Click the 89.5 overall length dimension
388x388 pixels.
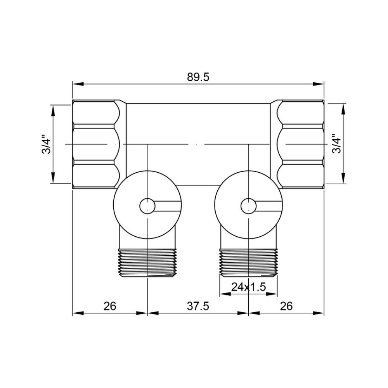pyautogui.click(x=198, y=77)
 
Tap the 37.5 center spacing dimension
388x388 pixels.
pyautogui.click(x=198, y=306)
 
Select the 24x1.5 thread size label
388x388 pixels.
pyautogui.click(x=248, y=287)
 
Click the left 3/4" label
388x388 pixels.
pyautogui.click(x=46, y=144)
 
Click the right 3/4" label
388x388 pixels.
pyautogui.click(x=336, y=144)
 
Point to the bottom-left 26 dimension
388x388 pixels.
pyautogui.click(x=110, y=306)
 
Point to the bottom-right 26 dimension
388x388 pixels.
pyautogui.click(x=286, y=306)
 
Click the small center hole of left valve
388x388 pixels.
pyautogui.click(x=147, y=206)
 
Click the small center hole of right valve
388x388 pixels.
pyautogui.click(x=248, y=206)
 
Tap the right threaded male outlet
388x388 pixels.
pyautogui.click(x=248, y=262)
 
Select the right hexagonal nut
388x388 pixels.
pyautogui.click(x=301, y=144)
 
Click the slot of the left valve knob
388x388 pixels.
pyautogui.click(x=168, y=206)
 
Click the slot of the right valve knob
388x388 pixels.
pyautogui.click(x=268, y=206)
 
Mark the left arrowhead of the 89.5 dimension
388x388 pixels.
pyautogui.click(x=77, y=83)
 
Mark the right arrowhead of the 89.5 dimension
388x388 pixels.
pyautogui.click(x=320, y=83)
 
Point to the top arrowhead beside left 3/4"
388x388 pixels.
pyautogui.click(x=53, y=109)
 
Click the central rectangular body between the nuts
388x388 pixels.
pyautogui.click(x=198, y=128)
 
